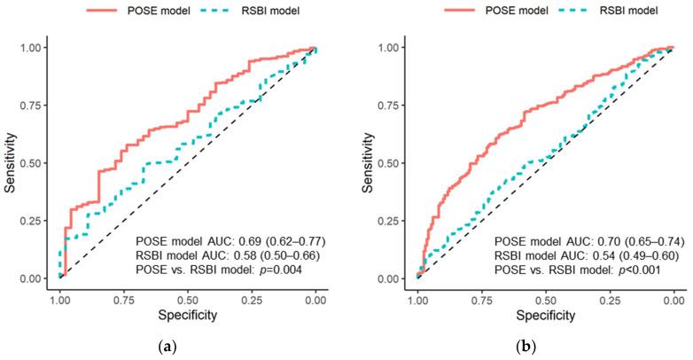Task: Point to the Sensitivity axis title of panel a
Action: (12, 162)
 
